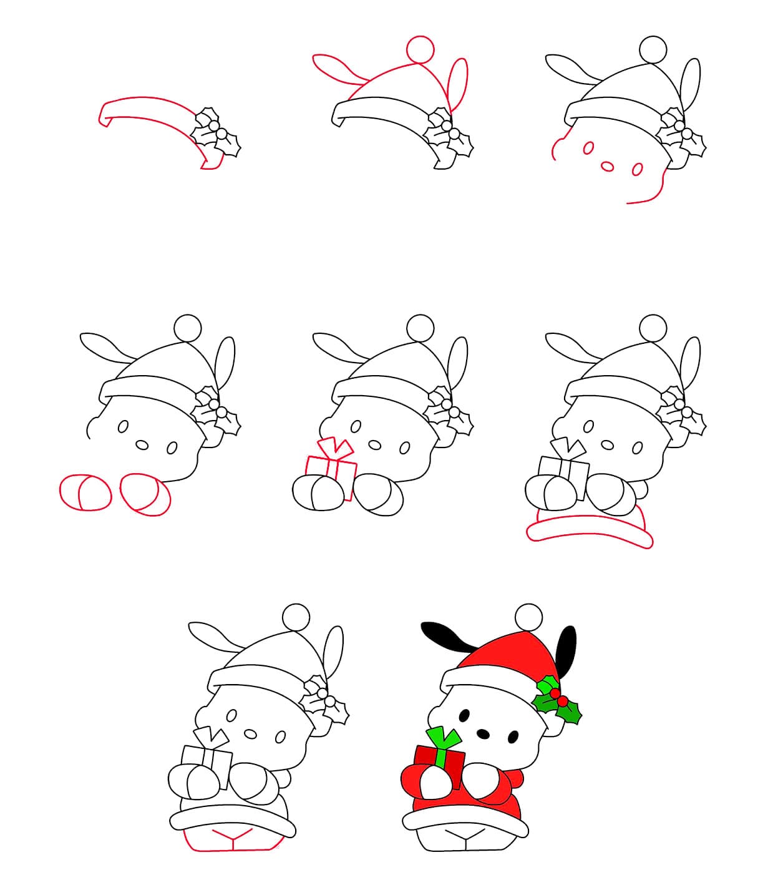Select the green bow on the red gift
[x=444, y=743]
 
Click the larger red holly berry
[x=554, y=693]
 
